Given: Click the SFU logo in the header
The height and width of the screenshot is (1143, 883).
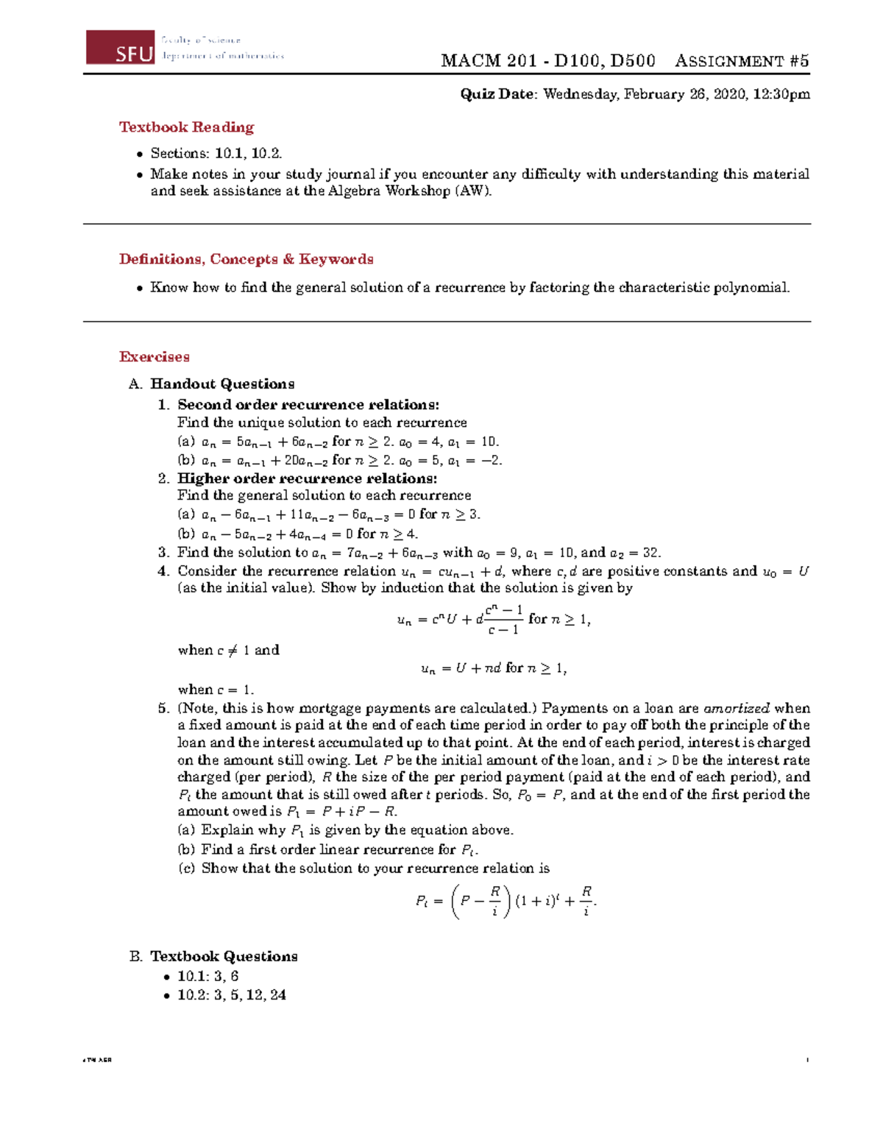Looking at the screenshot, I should pyautogui.click(x=121, y=48).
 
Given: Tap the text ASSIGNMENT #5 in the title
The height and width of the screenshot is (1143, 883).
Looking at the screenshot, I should pyautogui.click(x=742, y=61).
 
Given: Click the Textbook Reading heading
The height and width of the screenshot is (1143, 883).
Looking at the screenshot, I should pyautogui.click(x=186, y=127).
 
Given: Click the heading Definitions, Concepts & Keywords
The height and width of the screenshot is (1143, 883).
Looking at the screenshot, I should pyautogui.click(x=246, y=259).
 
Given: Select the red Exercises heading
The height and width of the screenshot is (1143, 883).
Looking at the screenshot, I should pyautogui.click(x=155, y=357).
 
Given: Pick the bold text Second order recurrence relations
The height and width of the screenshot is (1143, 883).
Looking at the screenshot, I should pyautogui.click(x=308, y=405).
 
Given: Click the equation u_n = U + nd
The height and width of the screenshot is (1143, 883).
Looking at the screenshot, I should pyautogui.click(x=493, y=668).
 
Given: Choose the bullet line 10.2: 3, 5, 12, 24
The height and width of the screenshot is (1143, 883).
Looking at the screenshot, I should pyautogui.click(x=231, y=995).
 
